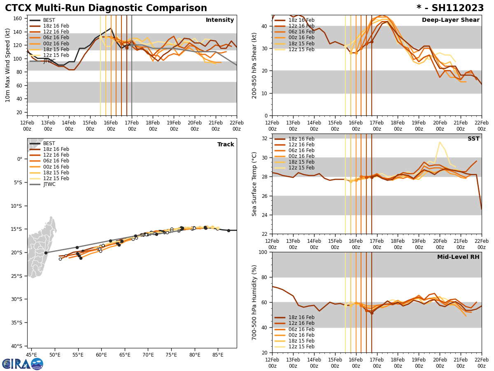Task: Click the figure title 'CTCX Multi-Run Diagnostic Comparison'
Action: (x=106, y=8)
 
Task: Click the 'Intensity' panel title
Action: (x=220, y=20)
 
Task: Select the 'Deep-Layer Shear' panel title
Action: (x=450, y=20)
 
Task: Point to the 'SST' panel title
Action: (x=473, y=139)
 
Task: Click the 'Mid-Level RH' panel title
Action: (x=458, y=257)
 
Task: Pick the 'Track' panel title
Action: (x=226, y=145)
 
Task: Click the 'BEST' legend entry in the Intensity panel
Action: (x=49, y=20)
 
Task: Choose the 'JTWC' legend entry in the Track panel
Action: (x=49, y=184)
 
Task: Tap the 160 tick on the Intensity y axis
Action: (x=19, y=19)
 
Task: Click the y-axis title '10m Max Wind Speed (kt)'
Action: (x=8, y=65)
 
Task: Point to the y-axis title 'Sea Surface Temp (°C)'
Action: (x=254, y=184)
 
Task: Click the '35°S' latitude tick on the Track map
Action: (x=18, y=323)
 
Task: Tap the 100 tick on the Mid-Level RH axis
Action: (x=264, y=252)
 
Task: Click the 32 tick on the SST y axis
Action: (x=266, y=139)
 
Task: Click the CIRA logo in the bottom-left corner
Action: (x=23, y=364)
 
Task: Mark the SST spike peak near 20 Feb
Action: (x=440, y=142)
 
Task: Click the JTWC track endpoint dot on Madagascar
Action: (x=46, y=253)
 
